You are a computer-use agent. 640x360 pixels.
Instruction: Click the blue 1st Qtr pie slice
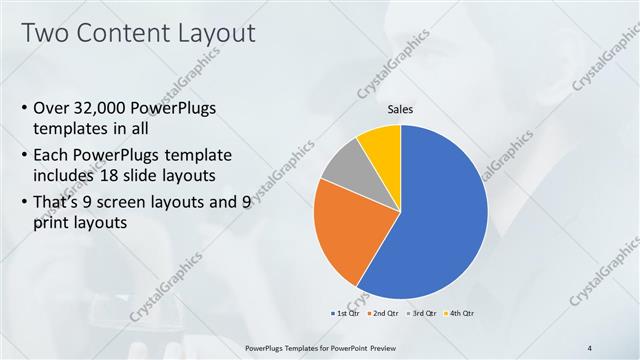tap(440, 220)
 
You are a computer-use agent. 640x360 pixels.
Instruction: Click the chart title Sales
tap(400, 110)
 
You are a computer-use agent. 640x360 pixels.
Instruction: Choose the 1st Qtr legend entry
tap(344, 313)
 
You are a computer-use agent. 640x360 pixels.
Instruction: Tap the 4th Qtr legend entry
tap(459, 313)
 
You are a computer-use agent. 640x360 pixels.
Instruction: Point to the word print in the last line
tap(52, 225)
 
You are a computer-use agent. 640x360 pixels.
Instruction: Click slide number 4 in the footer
tap(590, 347)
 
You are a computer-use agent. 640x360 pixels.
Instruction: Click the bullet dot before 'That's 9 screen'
tap(24, 203)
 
